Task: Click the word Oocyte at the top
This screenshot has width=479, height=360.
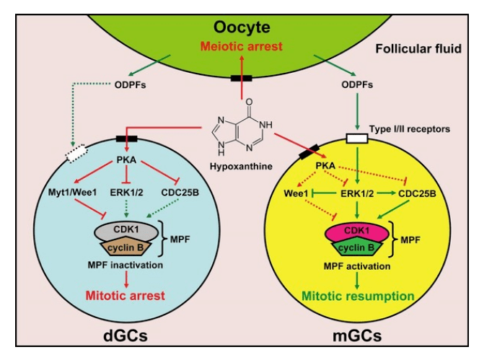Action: tap(242, 28)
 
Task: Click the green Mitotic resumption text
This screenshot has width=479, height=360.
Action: tap(356, 296)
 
